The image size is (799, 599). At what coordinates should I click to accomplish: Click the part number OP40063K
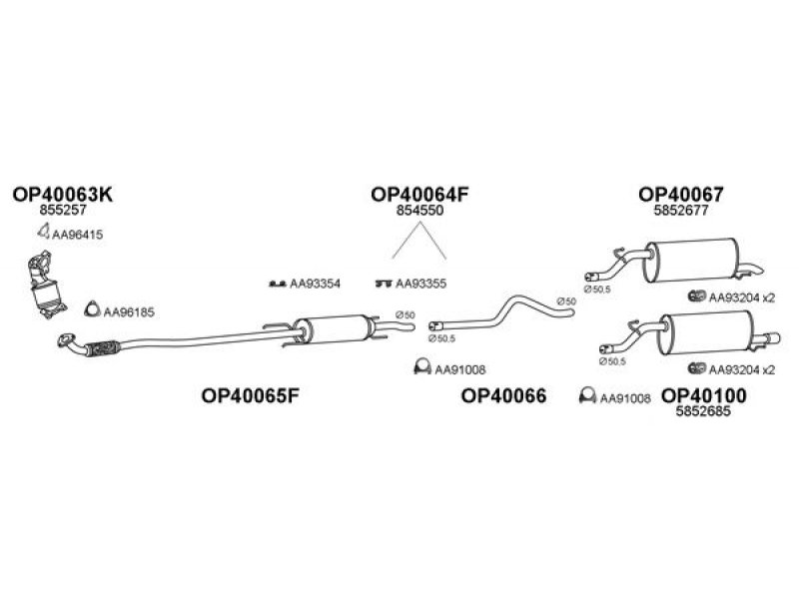pyautogui.click(x=63, y=194)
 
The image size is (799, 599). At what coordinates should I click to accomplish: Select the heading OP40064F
pyautogui.click(x=419, y=194)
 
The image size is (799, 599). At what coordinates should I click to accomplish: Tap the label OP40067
pyautogui.click(x=681, y=194)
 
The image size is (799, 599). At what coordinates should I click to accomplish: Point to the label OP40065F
pyautogui.click(x=250, y=395)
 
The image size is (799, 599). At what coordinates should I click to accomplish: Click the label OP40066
pyautogui.click(x=503, y=395)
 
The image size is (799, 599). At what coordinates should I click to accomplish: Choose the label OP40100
pyautogui.click(x=703, y=395)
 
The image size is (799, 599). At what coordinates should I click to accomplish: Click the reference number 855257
pyautogui.click(x=63, y=210)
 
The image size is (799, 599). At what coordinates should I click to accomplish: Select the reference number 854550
pyautogui.click(x=419, y=210)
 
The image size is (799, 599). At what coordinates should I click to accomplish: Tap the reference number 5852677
pyautogui.click(x=681, y=210)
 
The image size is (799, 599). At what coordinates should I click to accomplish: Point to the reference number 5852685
pyautogui.click(x=703, y=411)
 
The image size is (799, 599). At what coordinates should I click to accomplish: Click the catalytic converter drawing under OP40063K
pyautogui.click(x=46, y=285)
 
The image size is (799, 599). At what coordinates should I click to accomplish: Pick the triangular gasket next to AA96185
pyautogui.click(x=92, y=309)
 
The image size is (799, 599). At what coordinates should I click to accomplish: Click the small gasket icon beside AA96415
pyautogui.click(x=44, y=232)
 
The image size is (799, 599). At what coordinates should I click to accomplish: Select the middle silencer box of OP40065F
pyautogui.click(x=334, y=329)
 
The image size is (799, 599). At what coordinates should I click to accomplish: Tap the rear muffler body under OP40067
pyautogui.click(x=690, y=260)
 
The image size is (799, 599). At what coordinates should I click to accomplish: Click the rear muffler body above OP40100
pyautogui.click(x=707, y=333)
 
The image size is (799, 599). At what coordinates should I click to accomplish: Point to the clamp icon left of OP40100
pyautogui.click(x=587, y=395)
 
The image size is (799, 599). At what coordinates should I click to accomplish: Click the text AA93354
pyautogui.click(x=315, y=284)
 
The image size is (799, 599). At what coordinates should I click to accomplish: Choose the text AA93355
pyautogui.click(x=420, y=284)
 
